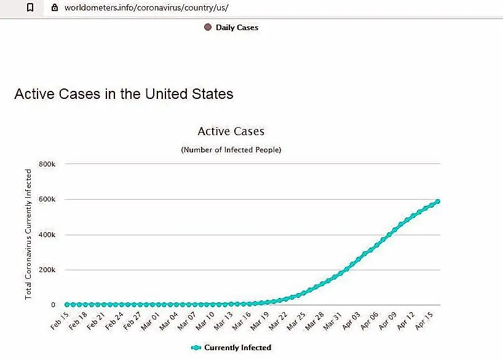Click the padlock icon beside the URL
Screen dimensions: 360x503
point(54,8)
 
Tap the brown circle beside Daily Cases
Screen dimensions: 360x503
point(208,27)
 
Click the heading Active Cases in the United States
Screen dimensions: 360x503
point(124,94)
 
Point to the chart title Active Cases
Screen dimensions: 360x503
point(231,131)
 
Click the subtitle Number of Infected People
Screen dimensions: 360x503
point(231,150)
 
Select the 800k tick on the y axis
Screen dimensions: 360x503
point(47,164)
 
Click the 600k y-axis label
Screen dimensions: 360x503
point(47,199)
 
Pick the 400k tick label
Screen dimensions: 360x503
point(47,235)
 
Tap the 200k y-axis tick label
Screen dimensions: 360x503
point(47,270)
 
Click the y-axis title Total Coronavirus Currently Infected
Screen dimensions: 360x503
point(28,234)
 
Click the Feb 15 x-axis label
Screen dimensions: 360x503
point(59,320)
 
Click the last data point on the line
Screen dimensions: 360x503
point(438,202)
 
